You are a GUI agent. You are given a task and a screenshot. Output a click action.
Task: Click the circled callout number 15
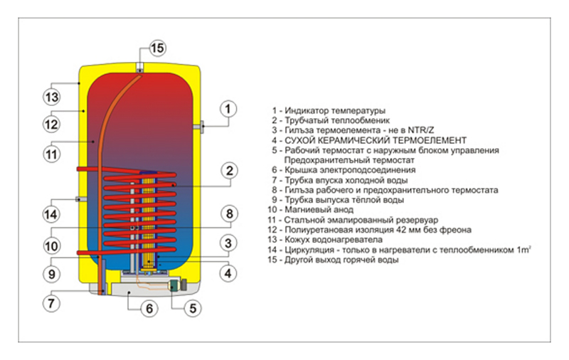pyautogui.click(x=157, y=48)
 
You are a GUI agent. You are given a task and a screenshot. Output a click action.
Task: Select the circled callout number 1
pyautogui.click(x=228, y=109)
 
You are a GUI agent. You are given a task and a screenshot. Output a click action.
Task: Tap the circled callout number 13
pyautogui.click(x=51, y=97)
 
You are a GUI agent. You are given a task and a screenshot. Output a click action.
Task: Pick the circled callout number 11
pyautogui.click(x=51, y=154)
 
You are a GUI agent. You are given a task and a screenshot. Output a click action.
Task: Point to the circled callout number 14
pyautogui.click(x=50, y=213)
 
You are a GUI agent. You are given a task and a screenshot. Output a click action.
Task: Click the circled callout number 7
pyautogui.click(x=51, y=303)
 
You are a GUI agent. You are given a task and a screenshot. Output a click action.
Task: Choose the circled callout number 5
pyautogui.click(x=193, y=308)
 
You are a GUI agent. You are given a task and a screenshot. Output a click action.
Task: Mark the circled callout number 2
pyautogui.click(x=229, y=171)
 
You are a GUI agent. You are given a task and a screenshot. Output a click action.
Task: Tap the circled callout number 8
pyautogui.click(x=229, y=213)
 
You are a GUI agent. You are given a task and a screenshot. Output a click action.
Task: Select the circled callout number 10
pyautogui.click(x=51, y=246)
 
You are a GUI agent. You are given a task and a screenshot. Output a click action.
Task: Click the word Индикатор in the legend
pyautogui.click(x=307, y=110)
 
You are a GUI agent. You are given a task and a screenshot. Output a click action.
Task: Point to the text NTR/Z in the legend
pyautogui.click(x=421, y=130)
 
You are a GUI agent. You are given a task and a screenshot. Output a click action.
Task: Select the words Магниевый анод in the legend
pyautogui.click(x=319, y=209)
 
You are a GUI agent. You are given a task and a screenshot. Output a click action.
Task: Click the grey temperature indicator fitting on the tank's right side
pyautogui.click(x=198, y=127)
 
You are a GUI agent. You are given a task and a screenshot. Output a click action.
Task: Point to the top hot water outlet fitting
pyautogui.click(x=139, y=68)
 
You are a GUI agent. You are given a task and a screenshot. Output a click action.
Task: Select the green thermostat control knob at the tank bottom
pyautogui.click(x=174, y=285)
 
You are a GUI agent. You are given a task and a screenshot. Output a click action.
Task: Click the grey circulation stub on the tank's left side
pyautogui.click(x=80, y=199)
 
